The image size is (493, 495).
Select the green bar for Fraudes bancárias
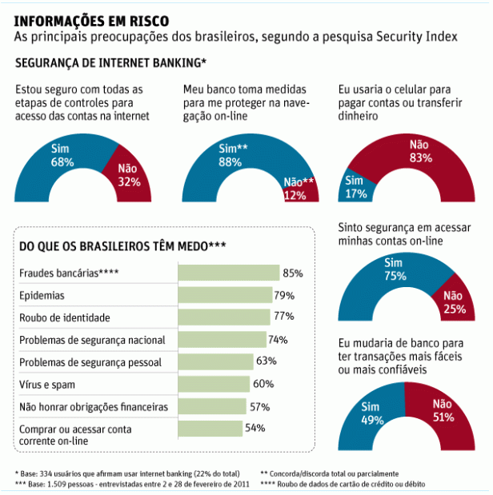pyautogui.click(x=228, y=273)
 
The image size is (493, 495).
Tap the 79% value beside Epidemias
pyautogui.click(x=284, y=296)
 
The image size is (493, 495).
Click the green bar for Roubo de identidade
pyautogui.click(x=224, y=317)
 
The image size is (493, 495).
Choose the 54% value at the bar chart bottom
pyautogui.click(x=255, y=428)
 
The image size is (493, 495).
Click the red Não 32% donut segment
pyautogui.click(x=128, y=174)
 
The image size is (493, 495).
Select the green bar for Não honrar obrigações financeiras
pyautogui.click(x=212, y=406)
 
